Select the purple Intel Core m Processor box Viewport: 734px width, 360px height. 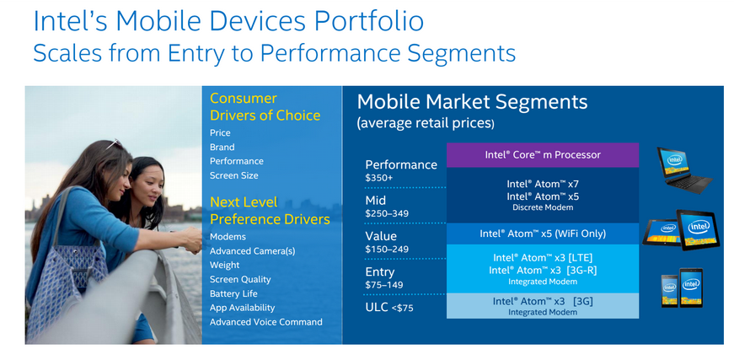click(x=543, y=155)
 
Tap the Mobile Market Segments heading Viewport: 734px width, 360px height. click(x=472, y=102)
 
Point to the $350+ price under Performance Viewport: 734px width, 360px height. click(x=378, y=178)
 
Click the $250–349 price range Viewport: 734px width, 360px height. click(x=387, y=213)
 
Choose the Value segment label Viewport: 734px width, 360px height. click(x=381, y=235)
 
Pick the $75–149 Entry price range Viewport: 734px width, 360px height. click(x=383, y=285)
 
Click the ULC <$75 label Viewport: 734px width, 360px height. click(x=389, y=308)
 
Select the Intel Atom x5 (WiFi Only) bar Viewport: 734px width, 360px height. click(x=543, y=234)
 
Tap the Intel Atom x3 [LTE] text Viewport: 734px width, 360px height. click(x=543, y=257)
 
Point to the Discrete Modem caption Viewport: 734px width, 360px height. click(x=543, y=207)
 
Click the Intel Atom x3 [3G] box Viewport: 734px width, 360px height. click(x=543, y=306)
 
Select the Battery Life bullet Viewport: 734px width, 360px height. click(x=233, y=293)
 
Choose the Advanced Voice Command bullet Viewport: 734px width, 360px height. click(x=266, y=322)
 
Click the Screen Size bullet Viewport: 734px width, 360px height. click(x=233, y=175)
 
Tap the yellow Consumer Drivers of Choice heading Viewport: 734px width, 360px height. click(x=265, y=107)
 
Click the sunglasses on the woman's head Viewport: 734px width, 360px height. click(x=113, y=144)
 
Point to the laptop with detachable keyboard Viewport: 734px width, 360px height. click(x=684, y=170)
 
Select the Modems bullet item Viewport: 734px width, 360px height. click(x=228, y=237)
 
